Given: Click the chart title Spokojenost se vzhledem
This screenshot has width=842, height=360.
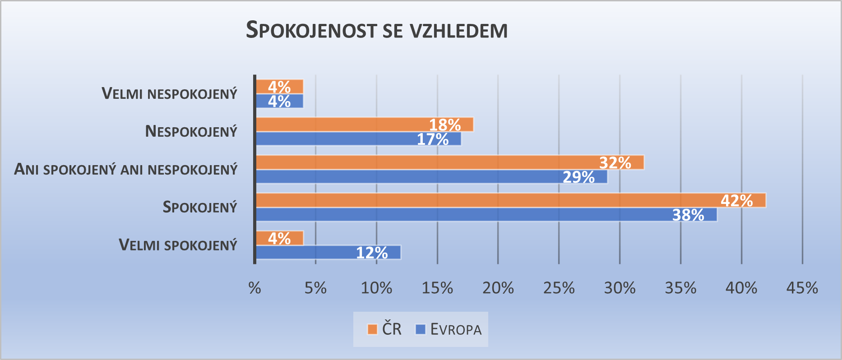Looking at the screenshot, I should tap(377, 30).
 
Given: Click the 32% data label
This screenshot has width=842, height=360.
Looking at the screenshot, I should tap(615, 162).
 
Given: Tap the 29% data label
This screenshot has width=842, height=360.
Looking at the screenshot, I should tap(578, 177).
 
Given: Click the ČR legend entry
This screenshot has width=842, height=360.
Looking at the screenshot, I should tap(384, 329).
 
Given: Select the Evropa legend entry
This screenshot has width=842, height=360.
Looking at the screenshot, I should tap(449, 329).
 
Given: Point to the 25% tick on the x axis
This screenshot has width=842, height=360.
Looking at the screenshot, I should tap(559, 288).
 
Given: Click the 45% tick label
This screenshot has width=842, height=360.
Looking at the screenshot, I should tap(802, 288).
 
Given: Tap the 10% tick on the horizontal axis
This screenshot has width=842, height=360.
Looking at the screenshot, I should tap(376, 288).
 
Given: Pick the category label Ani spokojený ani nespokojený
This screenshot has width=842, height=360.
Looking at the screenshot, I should tap(126, 170).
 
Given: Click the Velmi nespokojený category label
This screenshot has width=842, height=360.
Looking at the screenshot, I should tap(169, 94).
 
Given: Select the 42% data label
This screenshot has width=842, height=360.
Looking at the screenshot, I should tap(737, 200).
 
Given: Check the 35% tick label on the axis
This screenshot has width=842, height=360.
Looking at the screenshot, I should tap(680, 288).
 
